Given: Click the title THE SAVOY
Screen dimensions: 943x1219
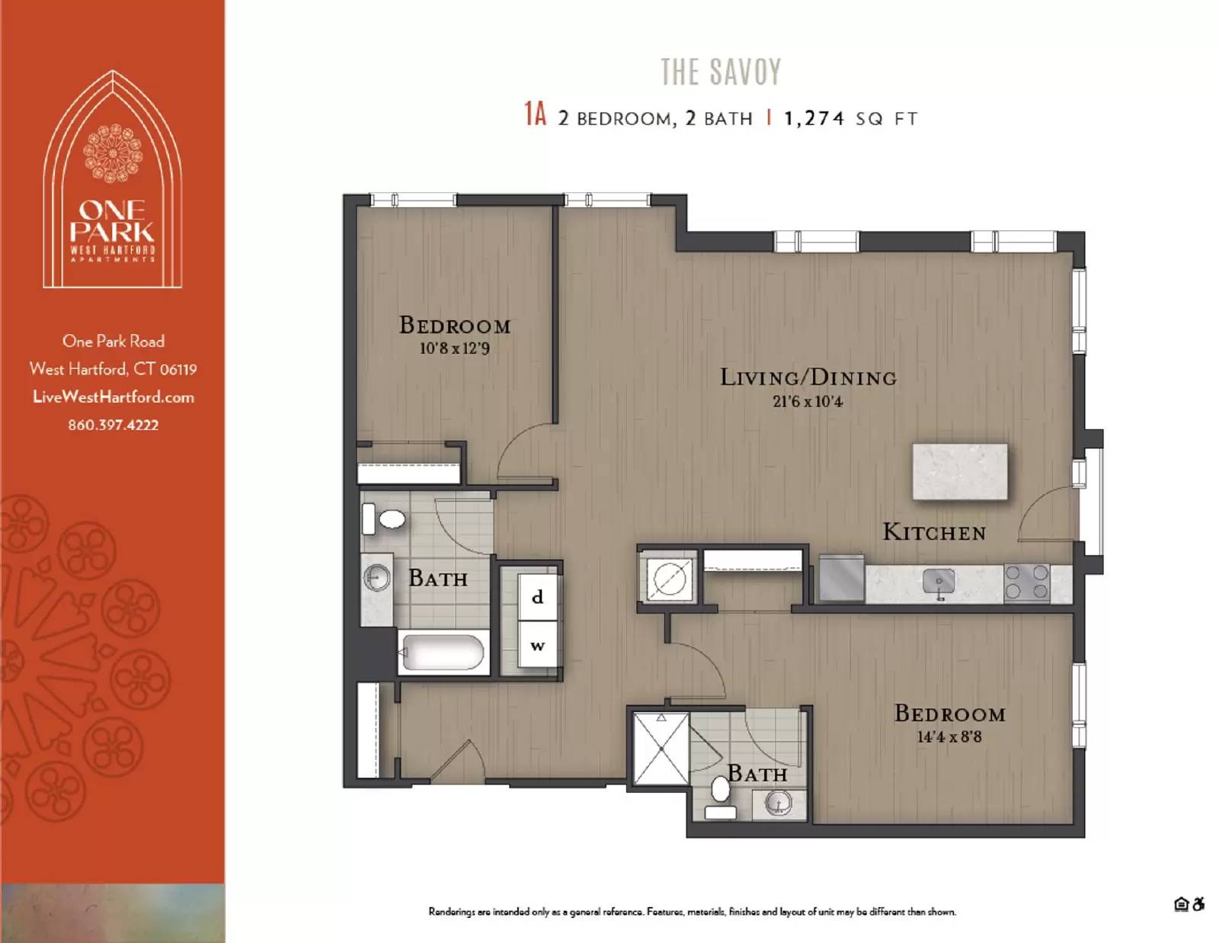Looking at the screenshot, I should click(x=721, y=72).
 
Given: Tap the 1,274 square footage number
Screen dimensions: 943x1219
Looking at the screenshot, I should click(x=814, y=118).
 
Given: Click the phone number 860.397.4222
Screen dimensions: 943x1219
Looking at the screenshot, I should click(x=113, y=425).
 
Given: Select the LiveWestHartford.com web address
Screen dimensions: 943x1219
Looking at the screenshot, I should click(x=113, y=396).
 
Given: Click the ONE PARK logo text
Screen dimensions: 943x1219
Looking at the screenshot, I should click(x=112, y=221).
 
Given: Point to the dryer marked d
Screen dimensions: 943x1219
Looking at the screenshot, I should click(x=538, y=597).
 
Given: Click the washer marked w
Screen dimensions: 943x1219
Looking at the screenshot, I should click(x=538, y=646).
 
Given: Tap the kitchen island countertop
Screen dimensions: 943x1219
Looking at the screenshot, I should click(x=960, y=472).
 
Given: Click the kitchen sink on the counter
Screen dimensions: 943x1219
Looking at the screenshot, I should click(x=939, y=583).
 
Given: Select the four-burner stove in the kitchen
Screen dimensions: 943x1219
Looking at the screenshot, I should click(x=1027, y=582).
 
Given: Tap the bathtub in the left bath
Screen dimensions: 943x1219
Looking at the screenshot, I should click(x=443, y=653).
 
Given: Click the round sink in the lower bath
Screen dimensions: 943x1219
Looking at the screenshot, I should click(x=778, y=803).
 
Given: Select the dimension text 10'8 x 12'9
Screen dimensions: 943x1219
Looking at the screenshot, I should click(x=454, y=348).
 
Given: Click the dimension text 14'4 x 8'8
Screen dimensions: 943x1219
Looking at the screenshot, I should click(x=949, y=736).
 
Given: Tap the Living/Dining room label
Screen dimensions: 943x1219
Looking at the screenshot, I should click(x=808, y=377).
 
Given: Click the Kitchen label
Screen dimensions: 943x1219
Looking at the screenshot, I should click(x=934, y=532).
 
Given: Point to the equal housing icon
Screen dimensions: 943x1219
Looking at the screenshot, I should click(x=1181, y=904).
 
